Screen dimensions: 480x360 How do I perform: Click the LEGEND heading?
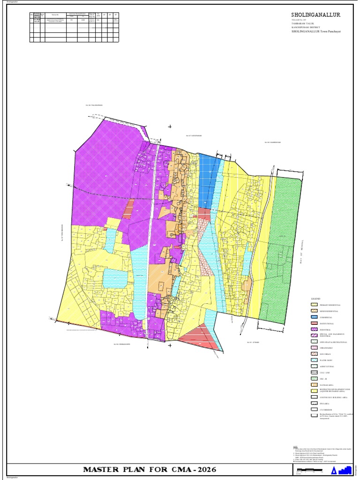pyautogui.click(x=315, y=298)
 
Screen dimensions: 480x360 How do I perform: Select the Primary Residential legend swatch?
pyautogui.click(x=314, y=305)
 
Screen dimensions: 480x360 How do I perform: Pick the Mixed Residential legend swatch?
pyautogui.click(x=314, y=311)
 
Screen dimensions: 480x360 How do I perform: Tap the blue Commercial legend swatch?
pyautogui.click(x=314, y=317)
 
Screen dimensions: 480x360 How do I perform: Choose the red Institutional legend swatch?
pyautogui.click(x=314, y=323)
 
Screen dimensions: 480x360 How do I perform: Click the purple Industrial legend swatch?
pyautogui.click(x=314, y=330)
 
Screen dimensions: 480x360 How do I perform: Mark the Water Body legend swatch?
pyautogui.click(x=314, y=360)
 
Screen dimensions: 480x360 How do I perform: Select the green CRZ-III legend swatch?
pyautogui.click(x=314, y=378)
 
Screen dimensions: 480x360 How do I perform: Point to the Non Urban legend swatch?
pyautogui.click(x=314, y=354)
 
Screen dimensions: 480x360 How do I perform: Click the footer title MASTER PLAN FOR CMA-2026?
pyautogui.click(x=150, y=469)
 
